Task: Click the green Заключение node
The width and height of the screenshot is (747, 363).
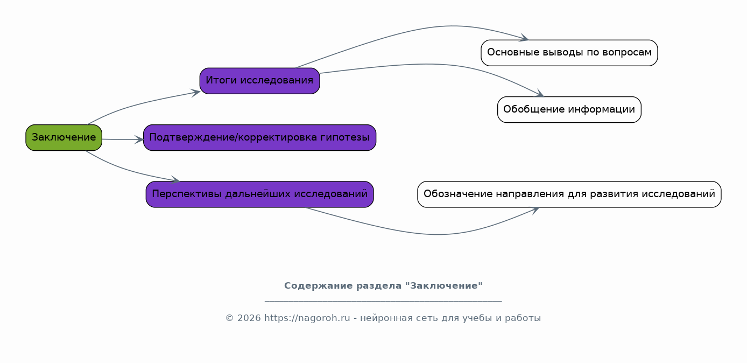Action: click(x=64, y=137)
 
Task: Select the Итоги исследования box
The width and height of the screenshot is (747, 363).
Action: click(x=260, y=81)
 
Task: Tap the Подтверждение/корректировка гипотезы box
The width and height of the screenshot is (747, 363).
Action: click(x=260, y=137)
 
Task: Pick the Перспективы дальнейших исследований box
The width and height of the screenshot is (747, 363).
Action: click(x=260, y=194)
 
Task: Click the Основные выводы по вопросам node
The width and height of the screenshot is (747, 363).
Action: click(x=569, y=53)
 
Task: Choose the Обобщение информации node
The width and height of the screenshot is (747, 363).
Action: click(x=569, y=109)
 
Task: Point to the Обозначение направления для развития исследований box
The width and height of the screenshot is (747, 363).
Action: click(x=569, y=194)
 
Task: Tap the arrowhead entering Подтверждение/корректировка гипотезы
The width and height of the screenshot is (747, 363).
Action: click(x=139, y=139)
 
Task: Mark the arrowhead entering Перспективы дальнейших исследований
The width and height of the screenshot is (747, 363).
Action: click(x=176, y=180)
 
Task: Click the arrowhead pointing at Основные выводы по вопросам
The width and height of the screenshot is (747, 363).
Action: click(x=524, y=38)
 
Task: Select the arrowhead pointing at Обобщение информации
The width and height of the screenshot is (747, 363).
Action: click(x=540, y=93)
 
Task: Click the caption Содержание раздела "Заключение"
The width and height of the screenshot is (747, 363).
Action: click(x=383, y=285)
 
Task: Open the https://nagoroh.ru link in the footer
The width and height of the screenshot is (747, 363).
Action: click(x=307, y=318)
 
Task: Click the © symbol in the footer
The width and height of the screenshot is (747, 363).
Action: click(x=229, y=318)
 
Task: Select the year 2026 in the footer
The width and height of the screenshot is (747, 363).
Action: click(x=249, y=318)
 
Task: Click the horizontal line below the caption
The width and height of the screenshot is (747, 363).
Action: click(x=383, y=301)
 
